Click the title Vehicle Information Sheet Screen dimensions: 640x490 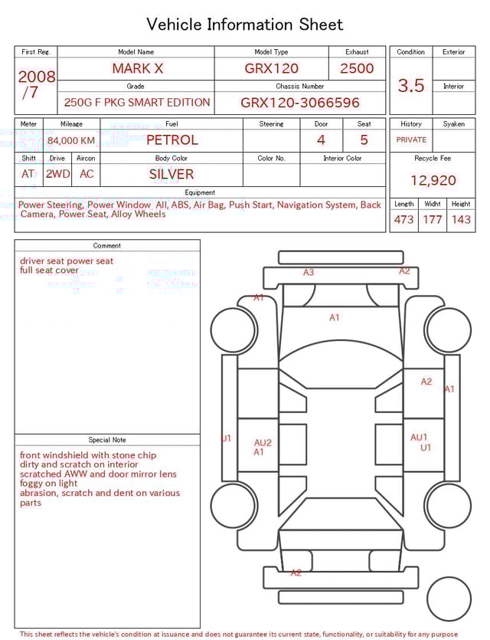point(245,25)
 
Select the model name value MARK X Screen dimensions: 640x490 point(137,68)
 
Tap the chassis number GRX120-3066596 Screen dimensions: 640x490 point(300,103)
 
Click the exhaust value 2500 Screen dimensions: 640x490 point(357,68)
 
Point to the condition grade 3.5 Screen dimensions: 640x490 point(411,86)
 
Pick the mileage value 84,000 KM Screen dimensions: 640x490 point(71,140)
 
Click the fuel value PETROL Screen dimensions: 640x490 point(171,139)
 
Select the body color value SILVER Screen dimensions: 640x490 point(171,174)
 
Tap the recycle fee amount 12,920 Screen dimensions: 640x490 point(433,180)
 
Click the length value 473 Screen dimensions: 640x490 point(403,219)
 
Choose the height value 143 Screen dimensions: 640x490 point(461,219)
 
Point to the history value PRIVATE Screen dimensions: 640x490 point(411,139)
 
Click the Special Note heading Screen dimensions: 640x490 point(107,440)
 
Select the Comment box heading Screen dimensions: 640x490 point(107,246)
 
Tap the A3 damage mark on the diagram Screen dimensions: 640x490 point(309,272)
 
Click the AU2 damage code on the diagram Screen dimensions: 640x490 point(263,442)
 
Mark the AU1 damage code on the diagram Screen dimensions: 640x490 point(419,437)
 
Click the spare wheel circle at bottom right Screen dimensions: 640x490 point(449,599)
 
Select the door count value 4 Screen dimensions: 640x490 point(321,139)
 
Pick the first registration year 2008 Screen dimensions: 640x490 point(36,77)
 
